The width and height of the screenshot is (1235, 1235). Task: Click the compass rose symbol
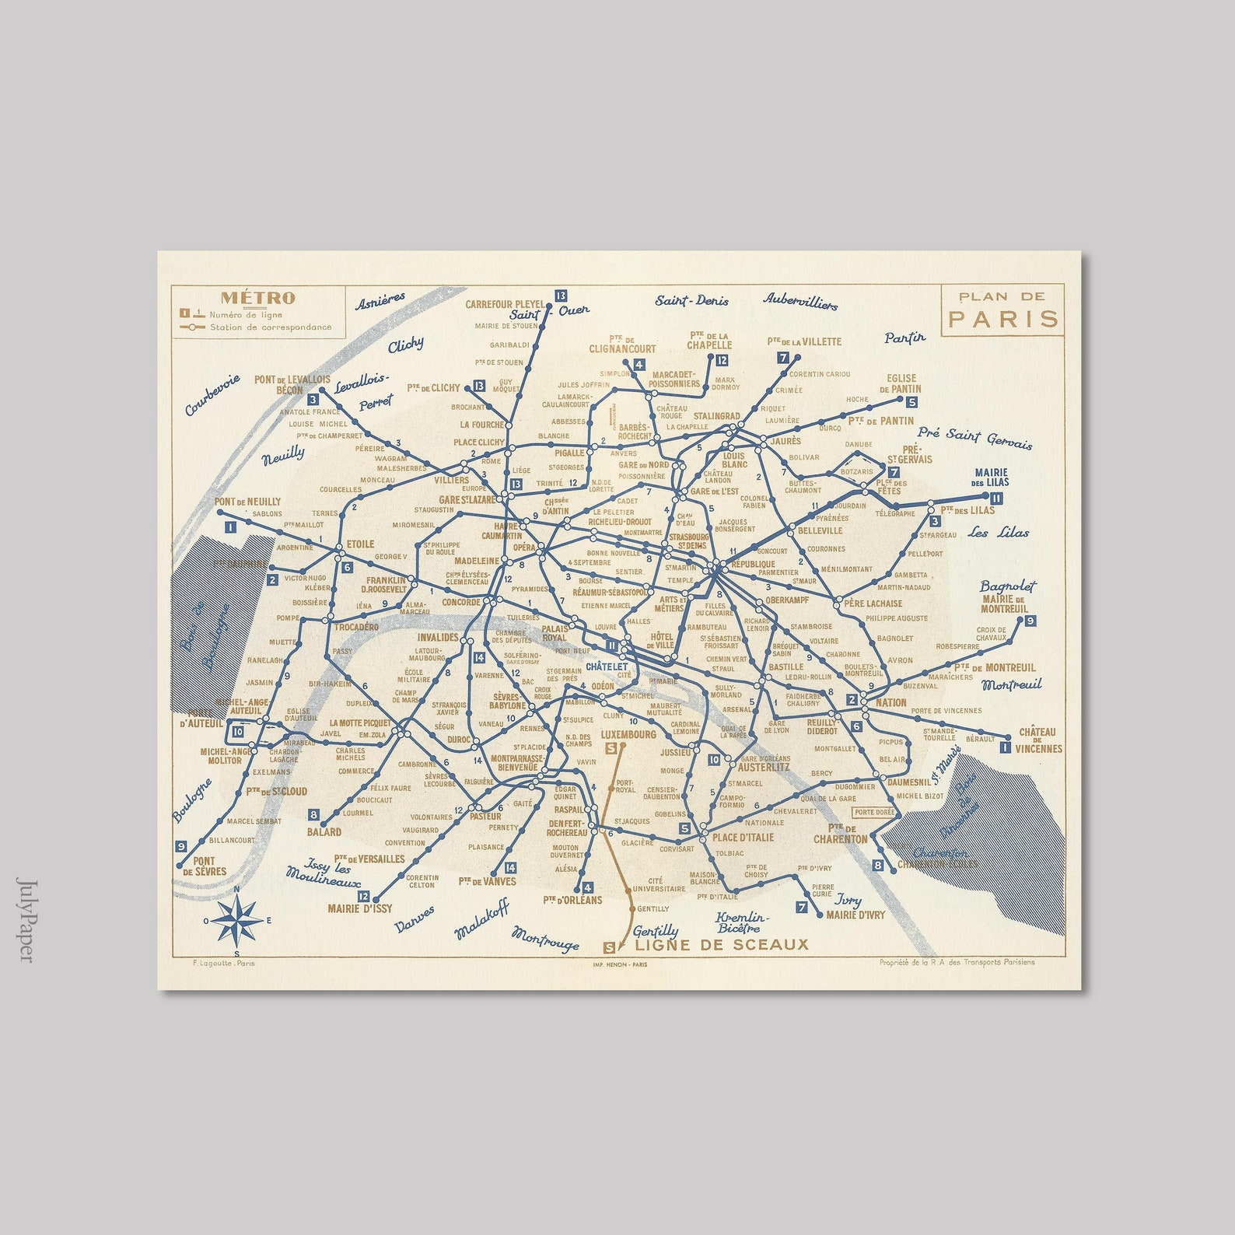238,920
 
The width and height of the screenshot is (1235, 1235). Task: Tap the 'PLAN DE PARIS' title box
1002,309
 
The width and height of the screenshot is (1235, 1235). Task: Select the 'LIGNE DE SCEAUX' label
721,945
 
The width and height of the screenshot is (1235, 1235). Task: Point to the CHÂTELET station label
607,666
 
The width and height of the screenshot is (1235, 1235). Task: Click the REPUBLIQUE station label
753,564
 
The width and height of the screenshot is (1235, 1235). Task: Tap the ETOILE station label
360,544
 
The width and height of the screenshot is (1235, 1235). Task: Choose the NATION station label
890,702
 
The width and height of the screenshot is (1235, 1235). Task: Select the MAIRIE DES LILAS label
991,478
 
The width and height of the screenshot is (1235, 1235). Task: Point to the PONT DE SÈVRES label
204,866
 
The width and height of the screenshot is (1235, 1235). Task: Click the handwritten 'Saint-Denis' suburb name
691,301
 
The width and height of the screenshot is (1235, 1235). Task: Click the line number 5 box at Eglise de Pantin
911,402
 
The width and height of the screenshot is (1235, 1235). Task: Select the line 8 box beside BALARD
313,815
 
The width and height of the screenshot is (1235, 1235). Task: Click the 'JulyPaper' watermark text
25,921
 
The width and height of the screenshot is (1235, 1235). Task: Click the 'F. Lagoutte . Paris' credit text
222,963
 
